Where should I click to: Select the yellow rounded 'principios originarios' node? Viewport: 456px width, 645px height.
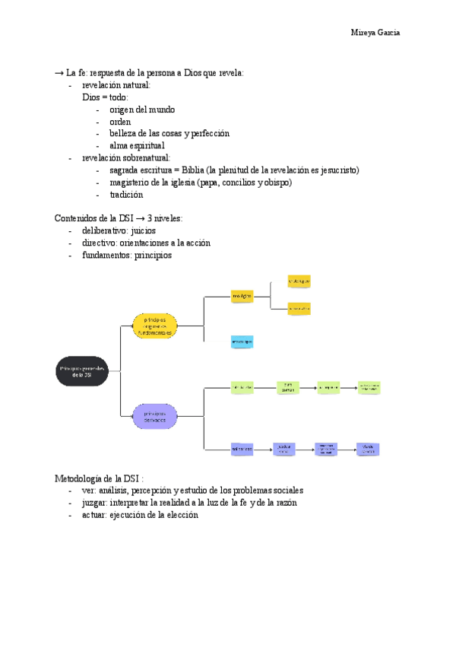pyautogui.click(x=155, y=325)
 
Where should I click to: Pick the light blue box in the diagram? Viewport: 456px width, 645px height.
pyautogui.click(x=242, y=342)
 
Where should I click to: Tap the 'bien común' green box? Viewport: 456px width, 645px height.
pyautogui.click(x=287, y=388)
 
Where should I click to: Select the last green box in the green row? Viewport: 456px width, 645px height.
pyautogui.click(x=369, y=388)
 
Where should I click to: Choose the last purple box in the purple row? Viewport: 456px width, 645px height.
pyautogui.click(x=368, y=450)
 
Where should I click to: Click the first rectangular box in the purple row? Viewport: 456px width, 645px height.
pyautogui.click(x=242, y=450)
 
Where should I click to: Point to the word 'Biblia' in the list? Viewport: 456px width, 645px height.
pyautogui.click(x=205, y=170)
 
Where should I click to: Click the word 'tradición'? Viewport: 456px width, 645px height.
pyautogui.click(x=126, y=195)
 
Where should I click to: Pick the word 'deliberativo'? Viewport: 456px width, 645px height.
pyautogui.click(x=105, y=230)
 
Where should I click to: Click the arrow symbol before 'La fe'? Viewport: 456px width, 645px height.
pyautogui.click(x=59, y=73)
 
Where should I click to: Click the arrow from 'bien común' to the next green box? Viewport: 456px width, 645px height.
pyautogui.click(x=307, y=388)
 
